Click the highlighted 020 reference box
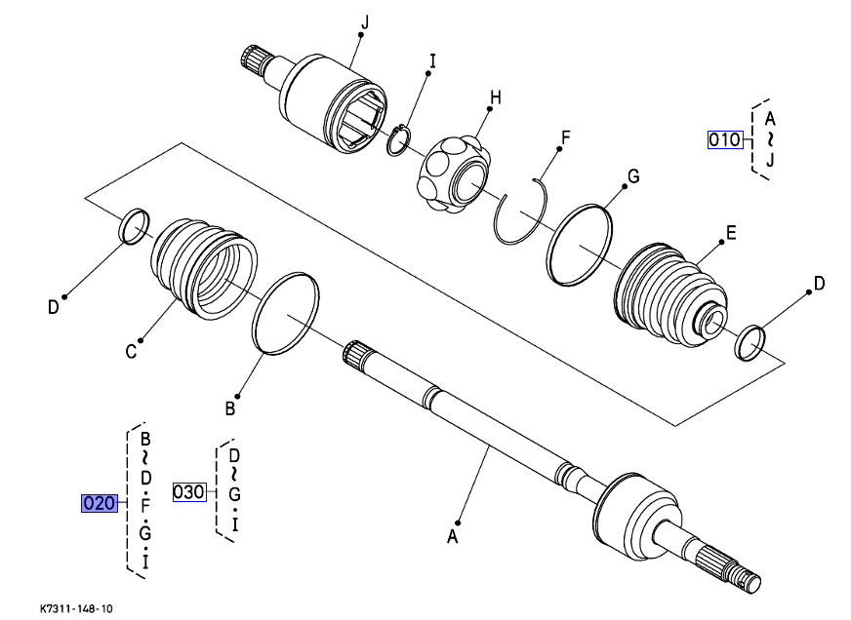click(x=100, y=504)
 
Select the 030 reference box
click(x=189, y=492)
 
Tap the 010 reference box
click(x=725, y=139)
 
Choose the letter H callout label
click(x=495, y=97)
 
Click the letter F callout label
click(x=563, y=138)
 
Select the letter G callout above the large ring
click(x=632, y=176)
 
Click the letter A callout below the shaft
click(x=453, y=535)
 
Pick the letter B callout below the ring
click(x=230, y=408)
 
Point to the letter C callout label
click(x=131, y=352)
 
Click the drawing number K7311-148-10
click(x=77, y=608)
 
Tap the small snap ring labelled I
click(x=399, y=141)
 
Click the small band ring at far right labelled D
click(x=750, y=342)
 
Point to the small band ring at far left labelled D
click(x=134, y=225)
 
